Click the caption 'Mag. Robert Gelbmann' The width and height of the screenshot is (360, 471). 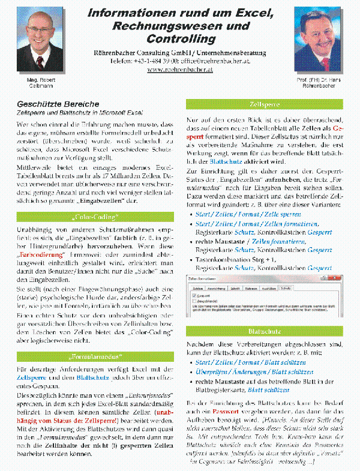tap(40, 83)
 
